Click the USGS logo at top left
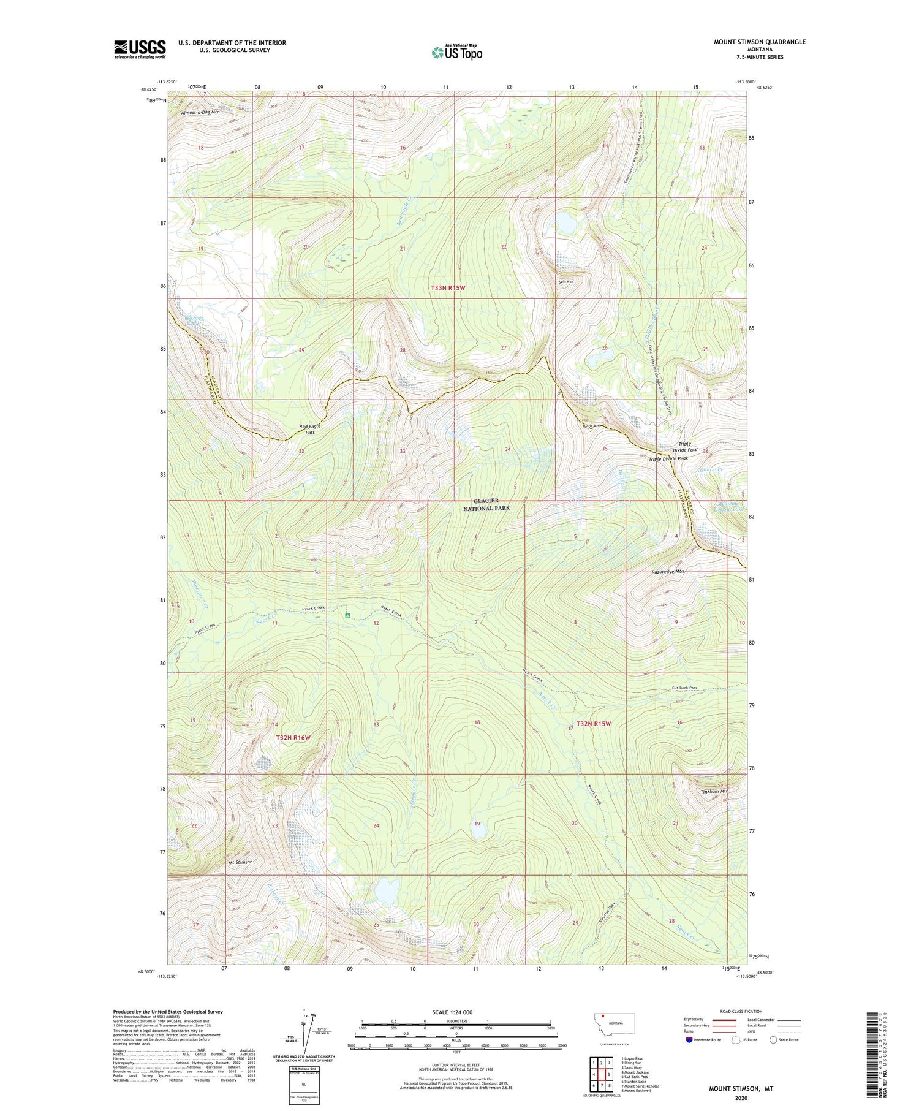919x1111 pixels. pos(140,49)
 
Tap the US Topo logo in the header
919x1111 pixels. pos(456,53)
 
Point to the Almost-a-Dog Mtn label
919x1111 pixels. pos(200,113)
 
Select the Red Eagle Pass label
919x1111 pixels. pos(311,429)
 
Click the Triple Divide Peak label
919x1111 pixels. pos(668,458)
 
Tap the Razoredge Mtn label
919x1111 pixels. pos(668,571)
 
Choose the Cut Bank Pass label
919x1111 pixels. pos(684,688)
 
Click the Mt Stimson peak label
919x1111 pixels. pos(240,862)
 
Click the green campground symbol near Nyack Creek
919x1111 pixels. pos(347,615)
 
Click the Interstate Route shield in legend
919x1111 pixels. pos(689,1039)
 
